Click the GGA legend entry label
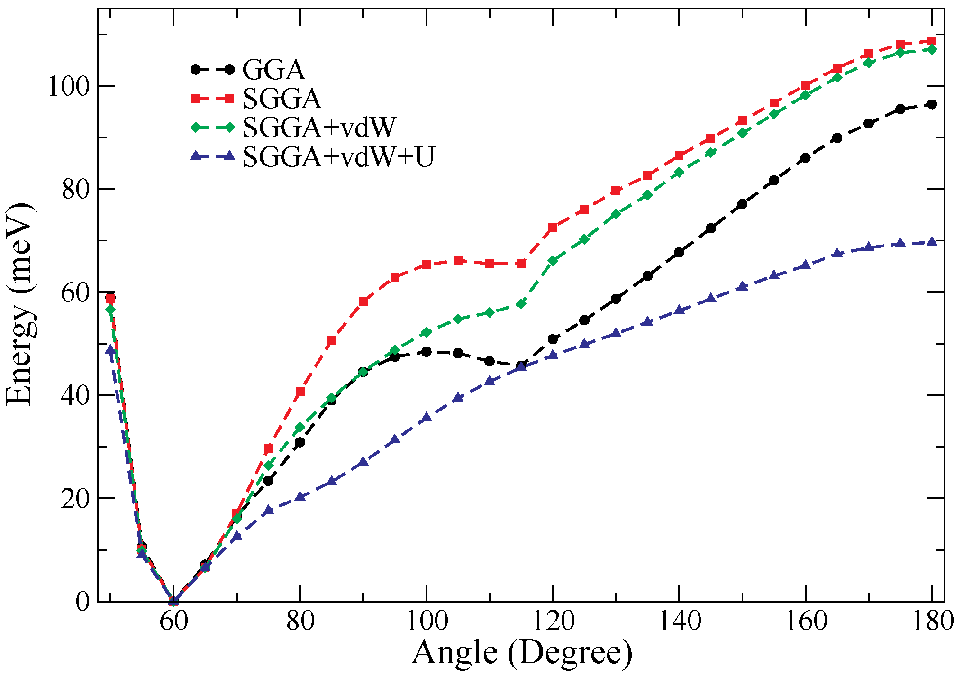pos(273,70)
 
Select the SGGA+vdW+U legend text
pos(338,157)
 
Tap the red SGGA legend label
pos(282,99)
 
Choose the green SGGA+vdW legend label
pos(319,128)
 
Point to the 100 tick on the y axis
pos(68,87)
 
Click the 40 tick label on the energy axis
pos(74,396)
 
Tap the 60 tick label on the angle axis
pos(173,621)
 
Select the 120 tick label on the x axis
pos(553,621)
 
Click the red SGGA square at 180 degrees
pos(932,41)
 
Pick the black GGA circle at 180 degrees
pos(932,104)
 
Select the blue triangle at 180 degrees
pos(932,242)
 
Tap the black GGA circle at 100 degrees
pos(427,352)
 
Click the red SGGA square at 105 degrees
pos(458,261)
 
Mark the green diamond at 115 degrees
pos(521,304)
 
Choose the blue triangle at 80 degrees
pos(300,497)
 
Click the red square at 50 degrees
pos(110,298)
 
